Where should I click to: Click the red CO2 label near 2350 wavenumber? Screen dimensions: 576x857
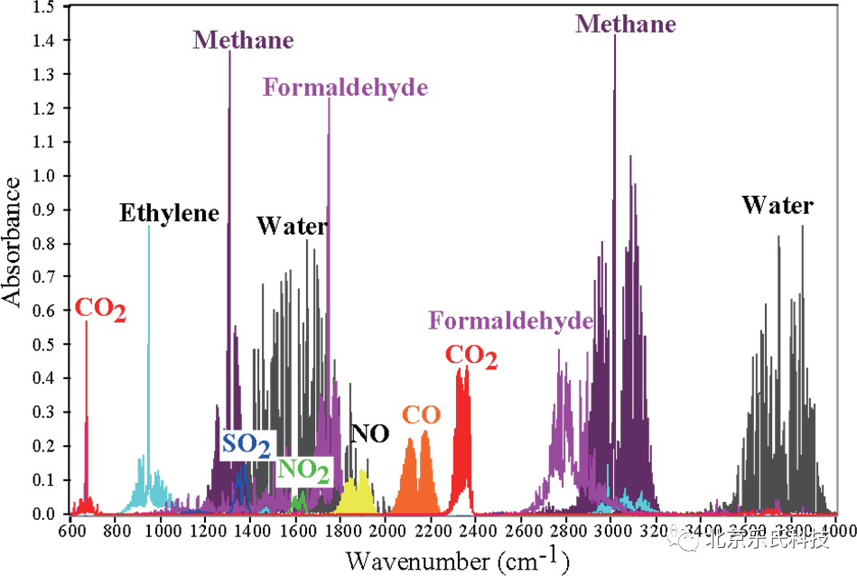coord(470,357)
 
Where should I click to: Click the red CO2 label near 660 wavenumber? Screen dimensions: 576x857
coord(99,310)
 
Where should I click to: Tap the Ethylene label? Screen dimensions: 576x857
coord(170,214)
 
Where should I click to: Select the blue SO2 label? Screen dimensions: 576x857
coord(247,444)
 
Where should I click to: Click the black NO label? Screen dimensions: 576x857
coord(370,434)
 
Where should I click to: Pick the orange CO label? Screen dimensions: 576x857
coord(421,415)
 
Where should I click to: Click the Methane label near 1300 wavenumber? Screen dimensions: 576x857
coord(243,41)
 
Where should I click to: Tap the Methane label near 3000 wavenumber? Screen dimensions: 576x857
coord(625,24)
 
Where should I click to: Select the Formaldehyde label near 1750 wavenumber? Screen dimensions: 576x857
coord(345,88)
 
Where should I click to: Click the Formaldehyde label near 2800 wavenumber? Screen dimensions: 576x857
coord(510,321)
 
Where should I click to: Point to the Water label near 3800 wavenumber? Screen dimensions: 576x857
coord(777,206)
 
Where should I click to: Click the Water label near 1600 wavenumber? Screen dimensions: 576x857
coord(291,226)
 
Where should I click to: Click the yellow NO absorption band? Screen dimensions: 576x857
coord(355,494)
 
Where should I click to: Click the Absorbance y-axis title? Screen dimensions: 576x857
coord(14,242)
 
